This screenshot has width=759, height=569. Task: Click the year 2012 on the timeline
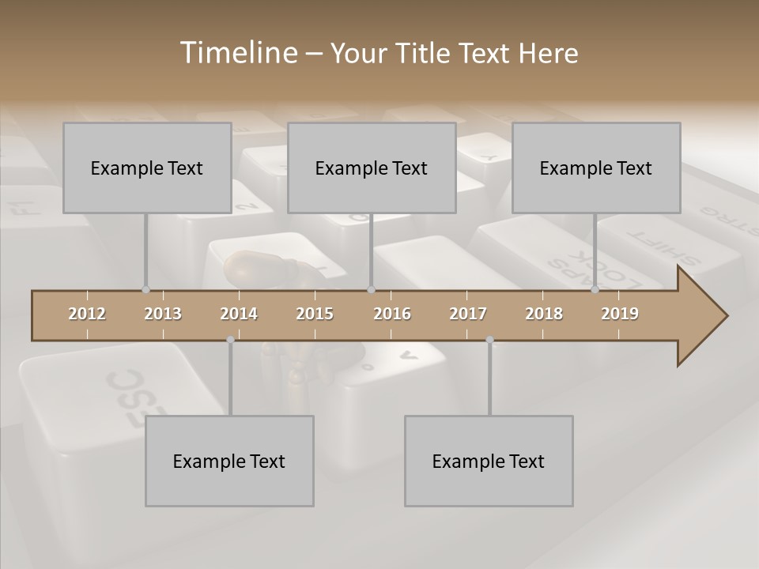pos(87,314)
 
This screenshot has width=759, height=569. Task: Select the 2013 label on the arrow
pos(163,314)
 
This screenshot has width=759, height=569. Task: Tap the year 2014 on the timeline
pos(239,314)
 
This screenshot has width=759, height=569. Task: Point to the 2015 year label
pos(315,314)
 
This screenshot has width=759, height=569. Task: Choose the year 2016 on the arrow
pos(392,314)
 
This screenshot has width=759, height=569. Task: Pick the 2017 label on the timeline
pos(468,314)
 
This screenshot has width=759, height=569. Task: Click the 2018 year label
pos(544,314)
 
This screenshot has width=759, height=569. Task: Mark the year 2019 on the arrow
pos(620,314)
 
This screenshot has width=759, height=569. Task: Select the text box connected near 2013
pos(147,168)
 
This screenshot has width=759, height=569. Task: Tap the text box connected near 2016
pos(372,168)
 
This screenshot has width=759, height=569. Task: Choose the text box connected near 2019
pos(596,168)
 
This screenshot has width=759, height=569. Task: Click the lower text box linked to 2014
pos(229,461)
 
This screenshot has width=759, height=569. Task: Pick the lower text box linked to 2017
pos(489,461)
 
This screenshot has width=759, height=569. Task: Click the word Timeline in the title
pos(237,53)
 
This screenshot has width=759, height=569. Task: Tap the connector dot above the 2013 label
pos(145,289)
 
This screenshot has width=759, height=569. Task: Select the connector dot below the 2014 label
pos(230,340)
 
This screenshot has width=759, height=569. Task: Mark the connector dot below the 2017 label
pos(489,340)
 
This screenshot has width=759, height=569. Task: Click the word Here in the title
pos(548,54)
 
